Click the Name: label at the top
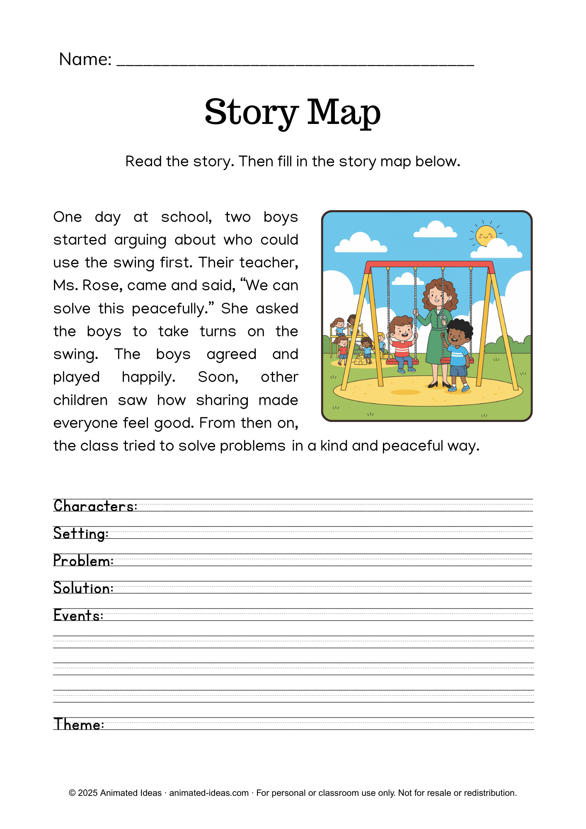click(x=85, y=60)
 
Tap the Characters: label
click(x=95, y=506)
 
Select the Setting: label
click(x=81, y=533)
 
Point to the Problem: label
click(x=83, y=561)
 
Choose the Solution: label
click(x=83, y=588)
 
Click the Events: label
click(x=78, y=616)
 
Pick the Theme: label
click(x=79, y=725)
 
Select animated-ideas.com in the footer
click(x=208, y=793)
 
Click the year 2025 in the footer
click(x=87, y=793)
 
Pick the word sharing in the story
click(x=222, y=400)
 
